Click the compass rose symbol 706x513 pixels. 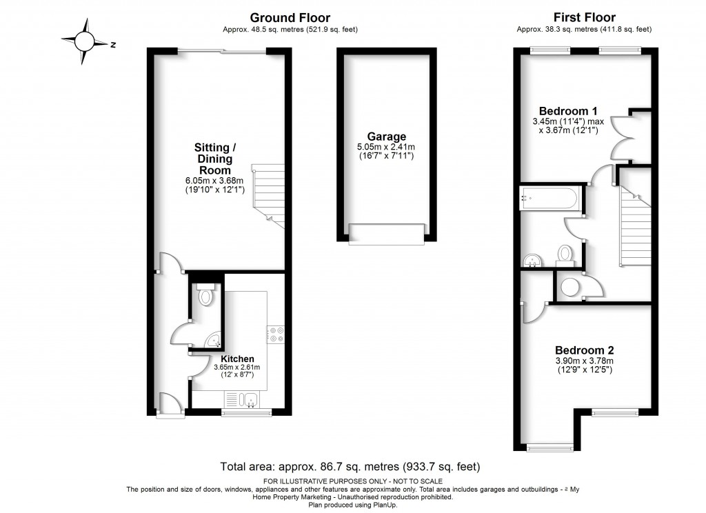point(85,42)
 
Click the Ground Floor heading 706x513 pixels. point(290,18)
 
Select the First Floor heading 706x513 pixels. point(585,18)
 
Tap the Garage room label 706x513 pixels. point(386,137)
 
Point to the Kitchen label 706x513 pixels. point(237,359)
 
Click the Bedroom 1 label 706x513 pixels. point(568,111)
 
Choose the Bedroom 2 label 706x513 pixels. point(585,350)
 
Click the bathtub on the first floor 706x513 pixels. point(549,198)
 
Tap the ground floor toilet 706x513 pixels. point(205,295)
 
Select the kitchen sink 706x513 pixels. point(242,399)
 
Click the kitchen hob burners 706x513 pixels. point(276,334)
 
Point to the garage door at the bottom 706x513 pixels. point(386,234)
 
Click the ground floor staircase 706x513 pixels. point(270,194)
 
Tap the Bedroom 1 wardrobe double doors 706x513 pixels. point(623,135)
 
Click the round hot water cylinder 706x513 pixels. point(569,287)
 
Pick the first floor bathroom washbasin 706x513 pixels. point(532,259)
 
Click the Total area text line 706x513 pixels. point(350,466)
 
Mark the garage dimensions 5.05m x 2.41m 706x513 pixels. point(386,148)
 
